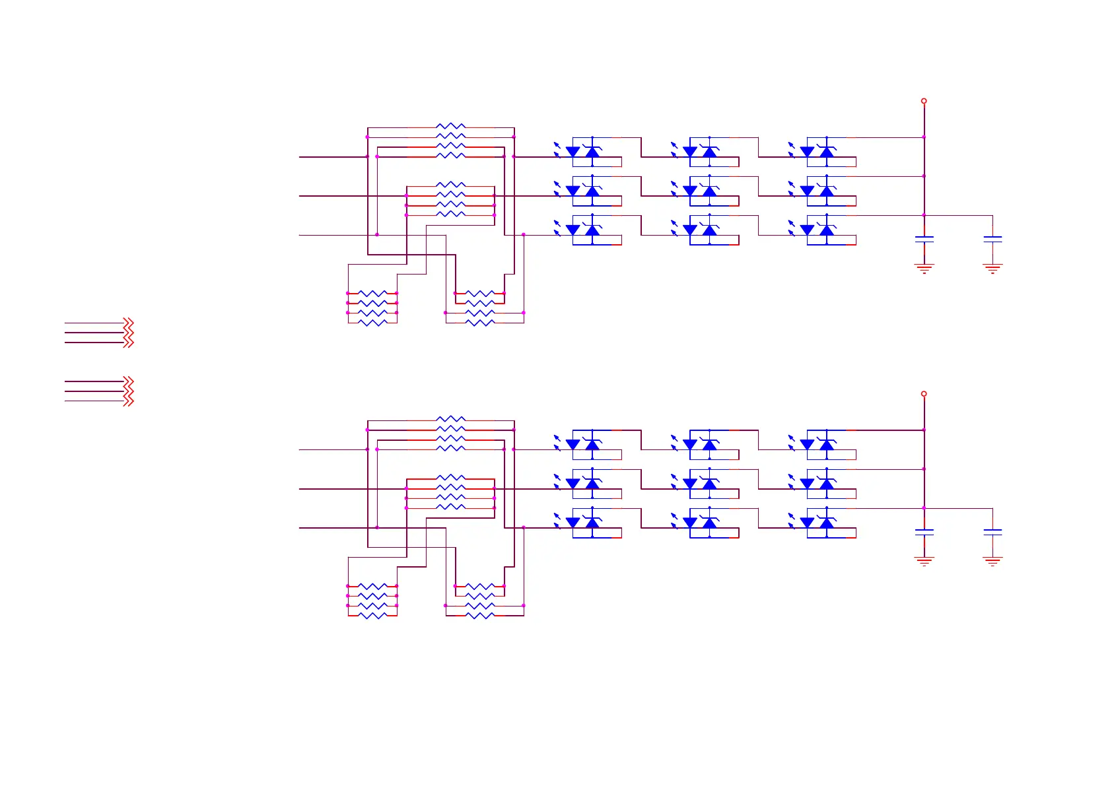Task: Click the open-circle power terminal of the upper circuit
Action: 924,101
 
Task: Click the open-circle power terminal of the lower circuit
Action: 924,394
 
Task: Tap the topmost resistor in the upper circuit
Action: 451,126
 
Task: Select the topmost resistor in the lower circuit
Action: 451,419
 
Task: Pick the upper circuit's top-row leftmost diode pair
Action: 583,152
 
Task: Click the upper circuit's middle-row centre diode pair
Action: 700,191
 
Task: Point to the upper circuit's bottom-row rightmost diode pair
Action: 817,230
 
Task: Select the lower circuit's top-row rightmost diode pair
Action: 817,445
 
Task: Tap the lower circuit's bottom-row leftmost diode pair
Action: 583,523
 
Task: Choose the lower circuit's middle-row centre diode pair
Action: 700,484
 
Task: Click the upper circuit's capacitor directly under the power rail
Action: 924,239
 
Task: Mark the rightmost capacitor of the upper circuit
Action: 992,239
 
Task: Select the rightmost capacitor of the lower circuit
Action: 992,532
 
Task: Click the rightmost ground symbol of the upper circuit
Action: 992,268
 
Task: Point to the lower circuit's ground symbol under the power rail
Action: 924,561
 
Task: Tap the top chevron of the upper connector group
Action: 129,323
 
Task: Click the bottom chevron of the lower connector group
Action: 129,401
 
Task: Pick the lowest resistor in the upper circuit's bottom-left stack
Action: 372,323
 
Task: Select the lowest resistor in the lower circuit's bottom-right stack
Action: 480,616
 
